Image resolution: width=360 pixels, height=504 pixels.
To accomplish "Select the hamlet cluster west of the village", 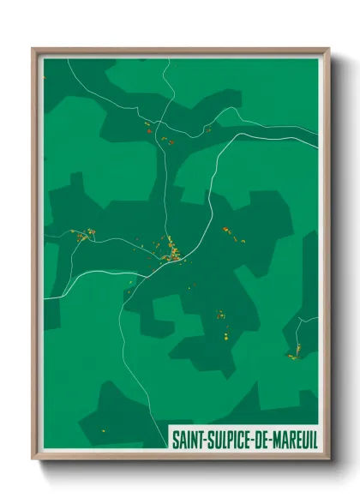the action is (x=81, y=234).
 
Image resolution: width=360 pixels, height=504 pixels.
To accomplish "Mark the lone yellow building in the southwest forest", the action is (x=103, y=429).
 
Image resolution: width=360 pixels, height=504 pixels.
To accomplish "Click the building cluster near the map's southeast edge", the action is (x=294, y=352).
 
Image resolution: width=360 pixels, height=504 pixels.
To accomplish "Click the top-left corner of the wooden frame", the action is (x=33, y=50).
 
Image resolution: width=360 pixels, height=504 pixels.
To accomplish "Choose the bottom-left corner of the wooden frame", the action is (x=33, y=458).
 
